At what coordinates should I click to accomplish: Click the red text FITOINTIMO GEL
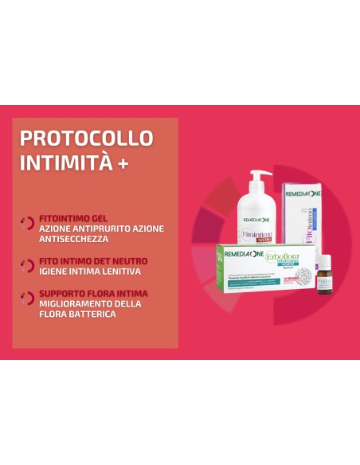pyautogui.click(x=73, y=217)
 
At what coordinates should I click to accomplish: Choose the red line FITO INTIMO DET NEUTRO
pyautogui.click(x=92, y=260)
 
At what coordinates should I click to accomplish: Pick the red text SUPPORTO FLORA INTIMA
pyautogui.click(x=93, y=293)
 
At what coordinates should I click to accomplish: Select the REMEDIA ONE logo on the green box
pyautogui.click(x=241, y=252)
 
